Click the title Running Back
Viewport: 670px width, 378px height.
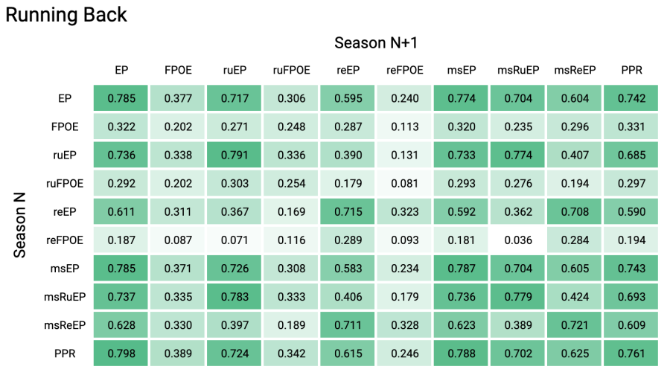66,15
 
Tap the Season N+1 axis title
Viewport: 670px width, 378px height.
376,42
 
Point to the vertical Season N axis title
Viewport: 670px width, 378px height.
19,225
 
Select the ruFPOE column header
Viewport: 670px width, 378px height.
291,70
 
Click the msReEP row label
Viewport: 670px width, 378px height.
65,325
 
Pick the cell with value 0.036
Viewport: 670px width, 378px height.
518,240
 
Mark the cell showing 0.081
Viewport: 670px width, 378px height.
405,183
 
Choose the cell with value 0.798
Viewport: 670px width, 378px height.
121,353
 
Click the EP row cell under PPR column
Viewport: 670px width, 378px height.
631,98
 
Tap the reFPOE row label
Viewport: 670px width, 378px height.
65,240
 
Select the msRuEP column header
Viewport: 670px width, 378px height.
518,70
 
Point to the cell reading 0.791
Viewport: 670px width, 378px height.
234,155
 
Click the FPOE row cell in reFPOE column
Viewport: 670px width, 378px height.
405,126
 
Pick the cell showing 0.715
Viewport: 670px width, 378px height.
348,211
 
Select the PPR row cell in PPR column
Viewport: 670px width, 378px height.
631,353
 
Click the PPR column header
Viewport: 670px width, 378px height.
631,70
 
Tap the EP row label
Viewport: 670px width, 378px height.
65,98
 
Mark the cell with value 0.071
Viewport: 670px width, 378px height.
234,240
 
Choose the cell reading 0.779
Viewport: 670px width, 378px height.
518,296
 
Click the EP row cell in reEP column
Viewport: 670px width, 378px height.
348,98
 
